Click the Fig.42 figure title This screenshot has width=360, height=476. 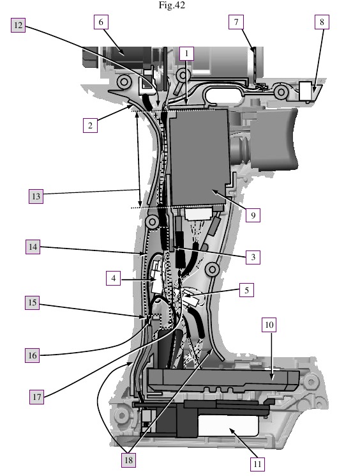coord(172,5)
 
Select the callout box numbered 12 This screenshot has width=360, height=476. coord(19,24)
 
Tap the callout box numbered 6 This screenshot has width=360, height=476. coord(101,22)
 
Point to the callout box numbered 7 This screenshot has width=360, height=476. coord(236,22)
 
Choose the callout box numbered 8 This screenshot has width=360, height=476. coord(322,22)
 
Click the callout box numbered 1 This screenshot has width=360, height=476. coord(186,54)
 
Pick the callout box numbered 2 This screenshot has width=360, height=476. coord(91,125)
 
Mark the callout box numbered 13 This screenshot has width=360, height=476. coord(36,196)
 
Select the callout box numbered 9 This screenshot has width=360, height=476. coord(253,215)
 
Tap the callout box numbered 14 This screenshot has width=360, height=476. coord(33,247)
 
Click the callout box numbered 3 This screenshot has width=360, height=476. coord(253,257)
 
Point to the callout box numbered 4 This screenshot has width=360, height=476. coord(114,278)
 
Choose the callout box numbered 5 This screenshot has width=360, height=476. coord(246,290)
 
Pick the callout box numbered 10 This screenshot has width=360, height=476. coord(269,325)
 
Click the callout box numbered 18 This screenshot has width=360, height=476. coord(128,460)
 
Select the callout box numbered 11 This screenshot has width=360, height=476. coord(257,464)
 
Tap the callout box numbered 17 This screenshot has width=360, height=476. coord(36,397)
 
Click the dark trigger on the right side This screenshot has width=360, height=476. coord(273,139)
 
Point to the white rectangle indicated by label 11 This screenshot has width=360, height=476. coord(228,426)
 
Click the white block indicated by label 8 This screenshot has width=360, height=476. coord(306,91)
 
